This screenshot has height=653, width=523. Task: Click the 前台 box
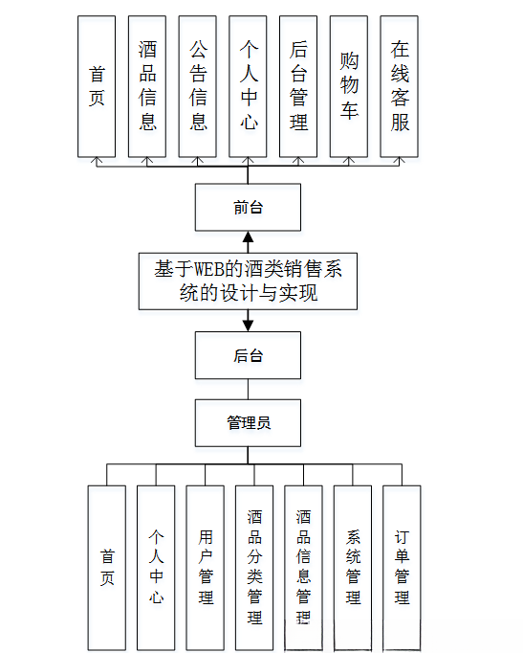[248, 208]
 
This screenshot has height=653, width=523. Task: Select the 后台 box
[248, 355]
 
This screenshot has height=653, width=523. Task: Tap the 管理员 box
[248, 422]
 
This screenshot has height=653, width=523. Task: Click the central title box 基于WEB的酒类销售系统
[248, 281]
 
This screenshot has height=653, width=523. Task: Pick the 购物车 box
[349, 86]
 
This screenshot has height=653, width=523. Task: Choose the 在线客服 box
[400, 86]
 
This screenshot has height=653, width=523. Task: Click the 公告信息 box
[198, 86]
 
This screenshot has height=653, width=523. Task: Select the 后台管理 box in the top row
[298, 86]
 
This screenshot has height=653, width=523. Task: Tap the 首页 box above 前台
[97, 86]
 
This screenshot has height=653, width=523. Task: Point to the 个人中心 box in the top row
[248, 86]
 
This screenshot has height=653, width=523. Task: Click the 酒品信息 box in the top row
[147, 86]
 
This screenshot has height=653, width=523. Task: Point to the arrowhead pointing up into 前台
[248, 237]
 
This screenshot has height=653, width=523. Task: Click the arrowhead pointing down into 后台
[248, 325]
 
